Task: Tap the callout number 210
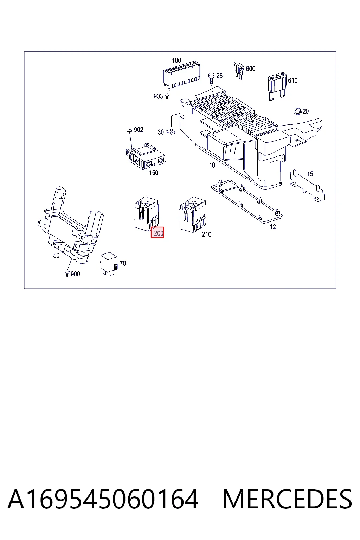(207, 234)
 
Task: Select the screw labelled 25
(212, 78)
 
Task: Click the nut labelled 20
(297, 111)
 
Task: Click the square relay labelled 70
(109, 263)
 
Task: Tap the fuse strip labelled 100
(182, 75)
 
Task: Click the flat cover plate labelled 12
(247, 201)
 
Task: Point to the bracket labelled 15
(307, 186)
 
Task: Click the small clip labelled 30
(171, 131)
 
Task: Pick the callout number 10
(212, 165)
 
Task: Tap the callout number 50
(56, 255)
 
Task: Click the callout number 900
(75, 274)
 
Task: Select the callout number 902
(139, 130)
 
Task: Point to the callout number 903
(158, 96)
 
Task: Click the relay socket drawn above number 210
(193, 214)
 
